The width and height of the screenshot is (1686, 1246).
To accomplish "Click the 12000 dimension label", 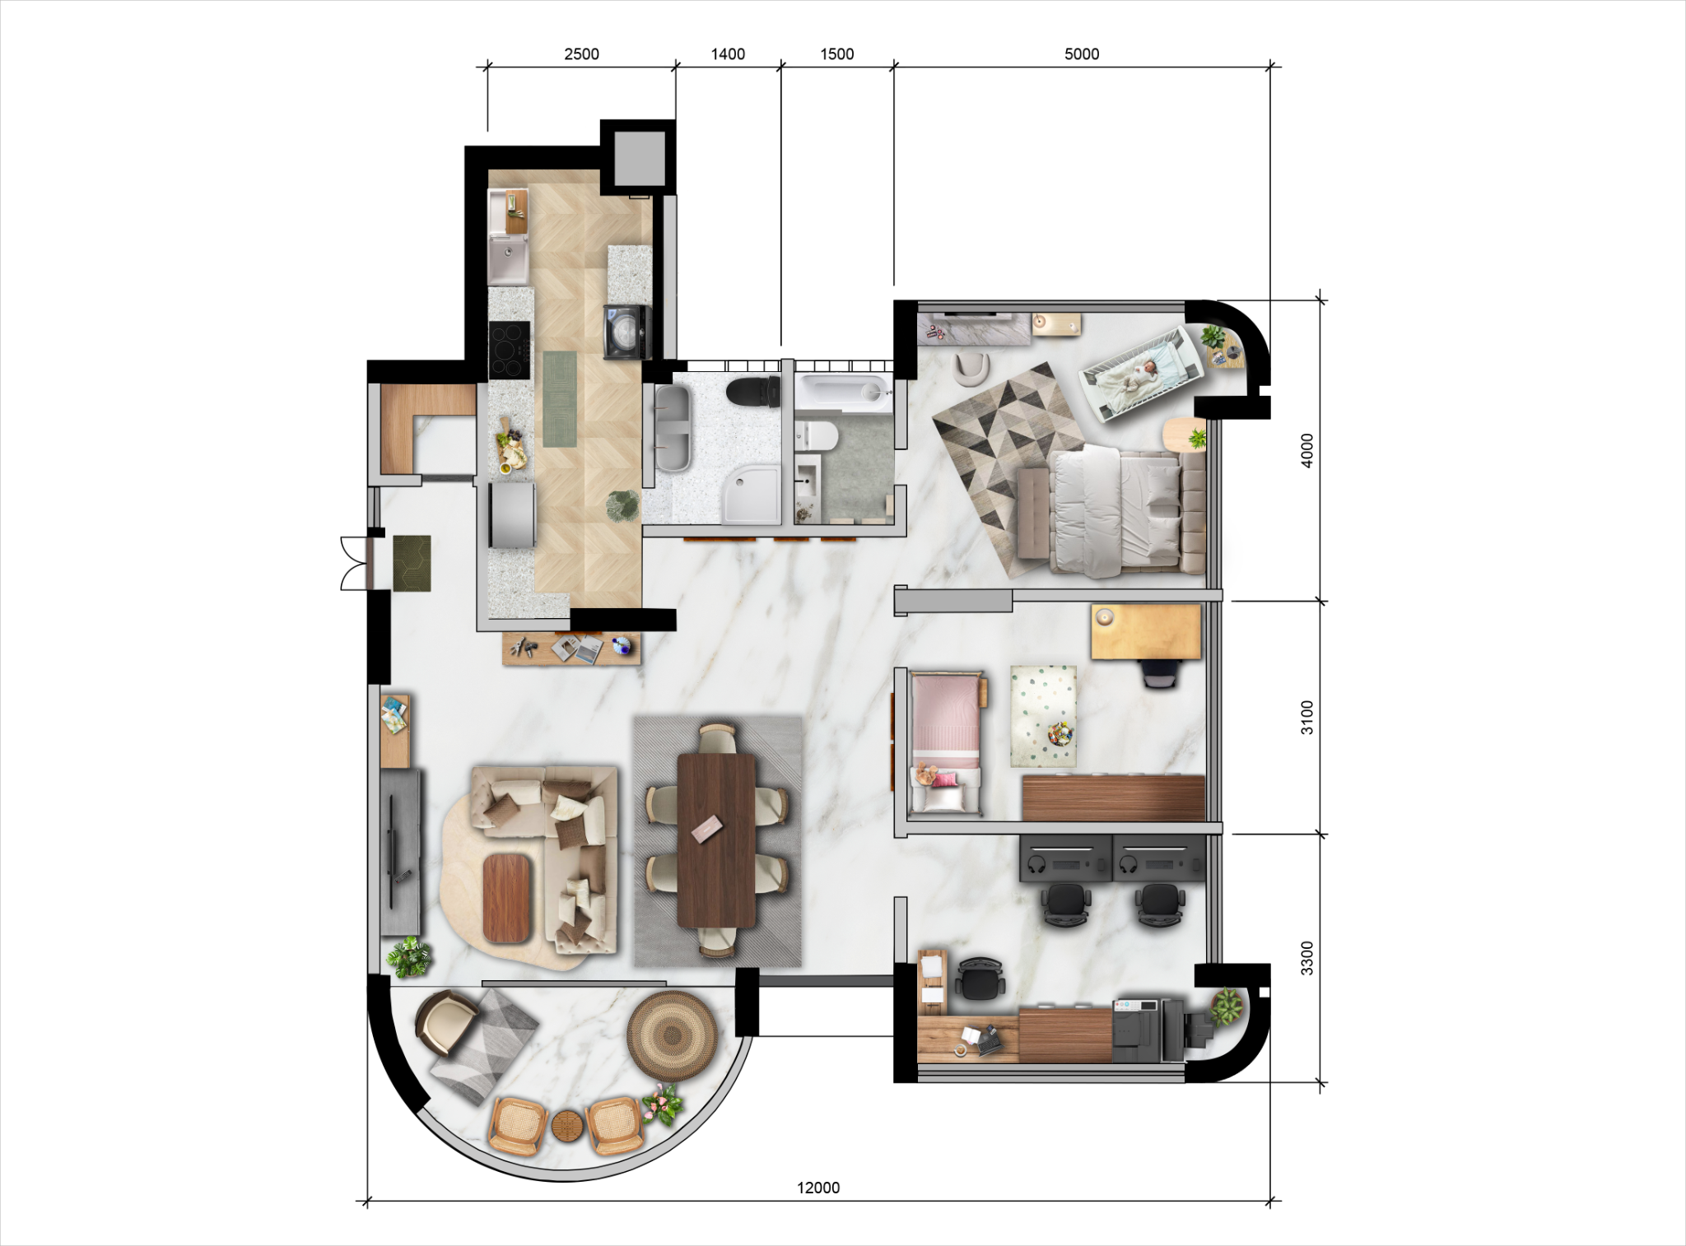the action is click(818, 1188).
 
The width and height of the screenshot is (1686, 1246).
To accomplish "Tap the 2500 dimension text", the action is click(581, 54).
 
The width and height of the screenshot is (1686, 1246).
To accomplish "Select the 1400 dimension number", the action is click(728, 54).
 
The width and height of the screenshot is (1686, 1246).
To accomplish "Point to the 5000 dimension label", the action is click(1082, 54).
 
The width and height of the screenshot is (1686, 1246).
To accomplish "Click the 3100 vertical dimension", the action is click(1307, 717).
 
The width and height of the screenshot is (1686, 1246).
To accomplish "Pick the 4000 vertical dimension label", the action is click(1307, 450).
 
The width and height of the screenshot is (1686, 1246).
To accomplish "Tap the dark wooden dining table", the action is click(716, 840).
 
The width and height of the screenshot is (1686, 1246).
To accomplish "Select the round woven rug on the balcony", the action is click(673, 1033).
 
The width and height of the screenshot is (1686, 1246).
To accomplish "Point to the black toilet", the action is click(754, 392).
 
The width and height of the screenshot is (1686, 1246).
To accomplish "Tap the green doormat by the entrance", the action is click(412, 563).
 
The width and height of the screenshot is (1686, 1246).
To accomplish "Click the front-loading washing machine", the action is click(627, 332).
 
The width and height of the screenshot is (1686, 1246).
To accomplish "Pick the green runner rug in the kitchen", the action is click(561, 398).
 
